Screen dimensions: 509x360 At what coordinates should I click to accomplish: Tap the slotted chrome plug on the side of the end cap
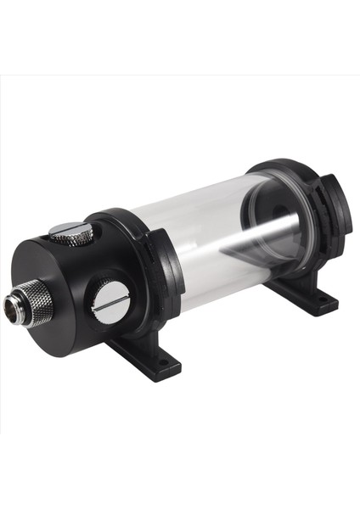(111, 299)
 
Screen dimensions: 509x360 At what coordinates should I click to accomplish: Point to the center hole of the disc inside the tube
(272, 222)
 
